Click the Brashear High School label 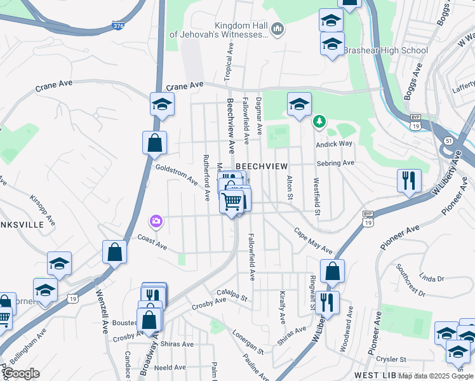385,50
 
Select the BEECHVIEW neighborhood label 258,165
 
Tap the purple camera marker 156,221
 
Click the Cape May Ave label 313,240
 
